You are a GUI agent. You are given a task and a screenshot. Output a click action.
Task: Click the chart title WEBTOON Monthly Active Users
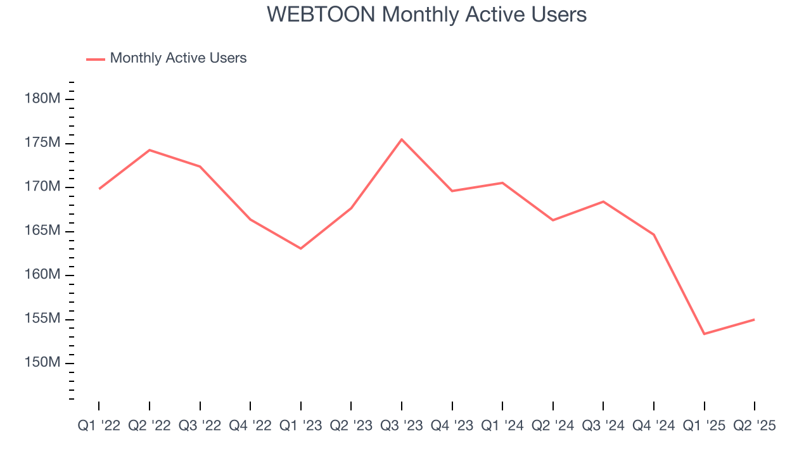[426, 15]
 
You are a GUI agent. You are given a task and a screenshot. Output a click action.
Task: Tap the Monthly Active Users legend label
[178, 58]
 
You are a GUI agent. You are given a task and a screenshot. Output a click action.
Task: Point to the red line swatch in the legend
[96, 59]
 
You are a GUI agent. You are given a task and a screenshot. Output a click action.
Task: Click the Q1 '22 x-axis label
[99, 426]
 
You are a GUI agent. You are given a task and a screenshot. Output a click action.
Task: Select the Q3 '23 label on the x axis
[402, 426]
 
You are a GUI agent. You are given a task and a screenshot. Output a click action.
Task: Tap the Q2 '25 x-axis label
[754, 426]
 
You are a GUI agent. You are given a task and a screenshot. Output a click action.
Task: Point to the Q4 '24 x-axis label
[653, 426]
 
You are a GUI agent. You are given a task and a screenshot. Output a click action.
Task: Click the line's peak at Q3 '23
[402, 139]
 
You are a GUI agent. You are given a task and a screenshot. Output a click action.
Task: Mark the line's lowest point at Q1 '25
[704, 334]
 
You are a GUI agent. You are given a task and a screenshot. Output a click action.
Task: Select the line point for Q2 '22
[150, 150]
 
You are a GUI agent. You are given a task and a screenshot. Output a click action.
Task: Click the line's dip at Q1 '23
[300, 248]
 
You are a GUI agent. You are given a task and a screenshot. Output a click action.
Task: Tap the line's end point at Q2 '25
[754, 319]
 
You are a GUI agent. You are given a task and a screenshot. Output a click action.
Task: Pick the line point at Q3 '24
[603, 201]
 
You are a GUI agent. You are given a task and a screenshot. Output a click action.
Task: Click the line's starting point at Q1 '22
[99, 189]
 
